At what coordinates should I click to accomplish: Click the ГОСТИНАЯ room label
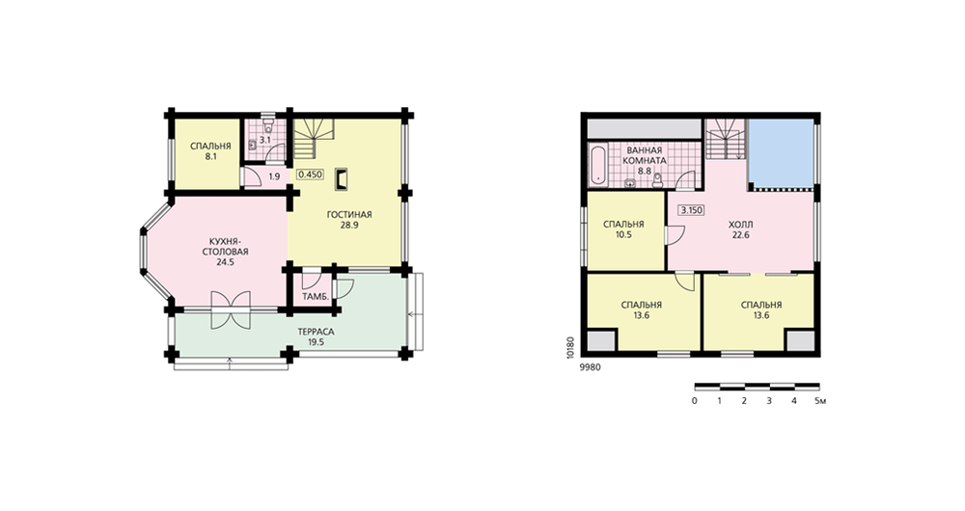(x=349, y=215)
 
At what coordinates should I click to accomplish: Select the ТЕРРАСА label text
(x=316, y=332)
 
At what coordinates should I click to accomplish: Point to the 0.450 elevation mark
(x=310, y=174)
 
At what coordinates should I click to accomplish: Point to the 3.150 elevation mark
(x=691, y=210)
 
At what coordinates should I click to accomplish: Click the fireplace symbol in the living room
(x=341, y=179)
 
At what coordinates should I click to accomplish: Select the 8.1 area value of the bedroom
(x=210, y=157)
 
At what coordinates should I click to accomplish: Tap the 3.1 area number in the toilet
(x=264, y=140)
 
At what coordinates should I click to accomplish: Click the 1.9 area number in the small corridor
(x=274, y=177)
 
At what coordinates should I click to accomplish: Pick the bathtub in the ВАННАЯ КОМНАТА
(x=597, y=165)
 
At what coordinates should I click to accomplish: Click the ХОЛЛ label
(x=740, y=225)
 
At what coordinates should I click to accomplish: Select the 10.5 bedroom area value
(x=623, y=235)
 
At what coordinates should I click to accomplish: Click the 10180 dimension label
(x=570, y=346)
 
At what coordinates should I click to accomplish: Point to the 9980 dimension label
(x=590, y=367)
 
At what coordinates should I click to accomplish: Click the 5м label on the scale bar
(x=819, y=401)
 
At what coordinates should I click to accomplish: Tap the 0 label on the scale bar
(x=695, y=401)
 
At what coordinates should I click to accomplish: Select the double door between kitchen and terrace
(x=231, y=309)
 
